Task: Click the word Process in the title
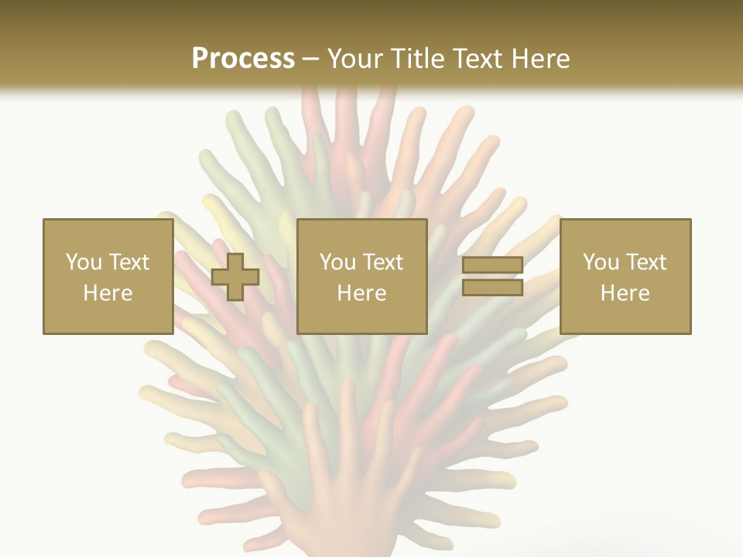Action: pyautogui.click(x=243, y=58)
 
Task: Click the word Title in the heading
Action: pyautogui.click(x=416, y=58)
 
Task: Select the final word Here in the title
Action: pyautogui.click(x=539, y=58)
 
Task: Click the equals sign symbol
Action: pyautogui.click(x=493, y=276)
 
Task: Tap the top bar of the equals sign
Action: pyautogui.click(x=493, y=265)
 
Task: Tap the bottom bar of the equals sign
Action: pyautogui.click(x=493, y=287)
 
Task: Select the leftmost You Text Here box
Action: pyautogui.click(x=108, y=276)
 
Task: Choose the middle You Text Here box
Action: pyautogui.click(x=361, y=276)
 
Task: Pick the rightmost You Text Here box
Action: pyautogui.click(x=625, y=276)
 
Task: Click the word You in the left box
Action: pyautogui.click(x=84, y=262)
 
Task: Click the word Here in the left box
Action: pyautogui.click(x=108, y=293)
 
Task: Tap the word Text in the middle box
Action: pyautogui.click(x=382, y=262)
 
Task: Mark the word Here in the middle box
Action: pyautogui.click(x=361, y=293)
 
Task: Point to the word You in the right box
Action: pyautogui.click(x=601, y=262)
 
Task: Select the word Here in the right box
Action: pyautogui.click(x=625, y=293)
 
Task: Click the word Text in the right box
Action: pyautogui.click(x=645, y=262)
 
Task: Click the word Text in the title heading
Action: pyautogui.click(x=476, y=58)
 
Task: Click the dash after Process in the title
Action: pyautogui.click(x=311, y=60)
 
